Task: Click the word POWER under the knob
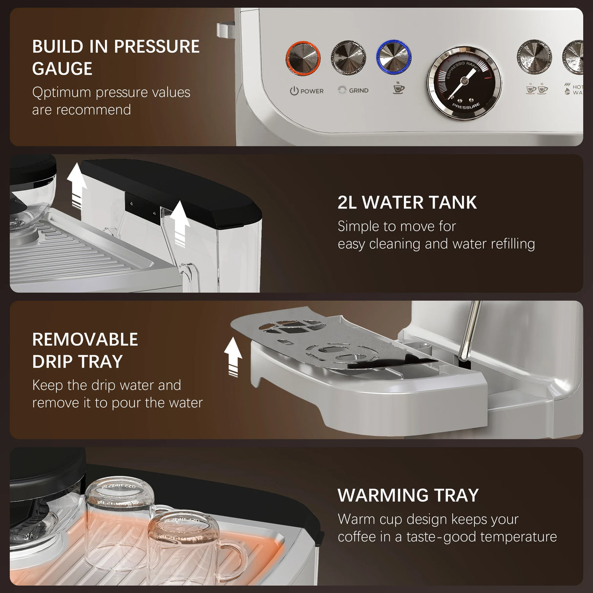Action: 312,91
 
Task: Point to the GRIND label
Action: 359,90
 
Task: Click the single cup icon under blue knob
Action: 399,88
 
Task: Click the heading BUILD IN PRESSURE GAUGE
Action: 116,57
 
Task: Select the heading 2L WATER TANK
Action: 407,202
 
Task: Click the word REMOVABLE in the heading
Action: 85,339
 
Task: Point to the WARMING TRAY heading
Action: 408,495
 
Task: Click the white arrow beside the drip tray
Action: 233,357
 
